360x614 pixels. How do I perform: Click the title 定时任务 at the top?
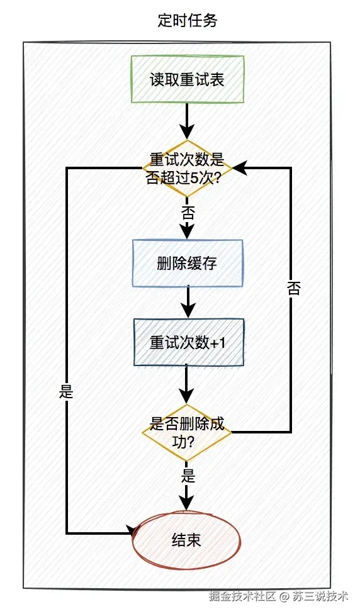coord(187,21)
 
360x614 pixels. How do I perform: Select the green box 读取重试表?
coord(187,80)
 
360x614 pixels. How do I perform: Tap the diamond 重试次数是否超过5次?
coord(187,168)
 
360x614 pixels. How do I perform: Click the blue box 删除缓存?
coord(187,264)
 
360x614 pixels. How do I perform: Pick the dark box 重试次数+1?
coord(187,343)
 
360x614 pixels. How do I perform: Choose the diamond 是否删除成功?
coord(187,432)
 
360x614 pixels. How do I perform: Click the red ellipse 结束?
coord(187,540)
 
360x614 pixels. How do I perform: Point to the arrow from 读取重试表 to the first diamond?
coord(187,120)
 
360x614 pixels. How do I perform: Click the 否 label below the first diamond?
coord(187,211)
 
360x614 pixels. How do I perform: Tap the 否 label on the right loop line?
coord(293,288)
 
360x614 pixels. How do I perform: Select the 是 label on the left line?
coord(66,392)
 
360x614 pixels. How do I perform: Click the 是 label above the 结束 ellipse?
coord(187,474)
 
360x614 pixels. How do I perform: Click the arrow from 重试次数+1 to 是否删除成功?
coord(187,384)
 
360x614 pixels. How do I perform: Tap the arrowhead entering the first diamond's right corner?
coord(241,168)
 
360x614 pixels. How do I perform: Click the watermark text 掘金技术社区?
coord(242,596)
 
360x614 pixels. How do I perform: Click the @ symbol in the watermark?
coord(284,596)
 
